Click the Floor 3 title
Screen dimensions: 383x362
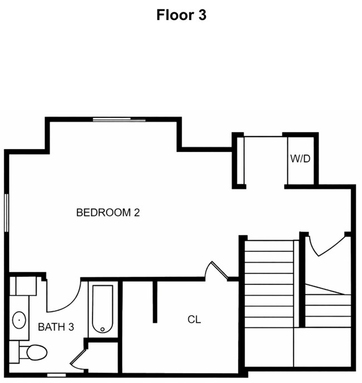[181, 15]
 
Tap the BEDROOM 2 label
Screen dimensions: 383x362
[107, 212]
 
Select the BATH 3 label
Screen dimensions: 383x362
[56, 327]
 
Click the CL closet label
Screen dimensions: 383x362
[194, 320]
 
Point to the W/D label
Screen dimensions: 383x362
[300, 159]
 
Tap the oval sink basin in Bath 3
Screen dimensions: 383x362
[19, 320]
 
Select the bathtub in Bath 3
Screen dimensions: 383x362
[102, 309]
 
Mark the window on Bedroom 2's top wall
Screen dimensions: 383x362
[119, 119]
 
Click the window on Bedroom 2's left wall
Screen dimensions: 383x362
[7, 212]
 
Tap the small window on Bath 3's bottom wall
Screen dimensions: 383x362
[56, 374]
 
